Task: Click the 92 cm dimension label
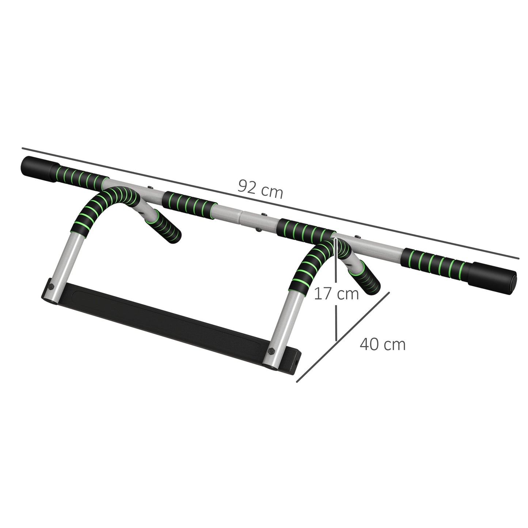pyautogui.click(x=260, y=189)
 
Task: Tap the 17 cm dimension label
pyautogui.click(x=336, y=293)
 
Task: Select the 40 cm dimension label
pyautogui.click(x=383, y=344)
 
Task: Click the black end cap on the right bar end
pyautogui.click(x=495, y=277)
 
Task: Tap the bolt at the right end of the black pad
pyautogui.click(x=272, y=351)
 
